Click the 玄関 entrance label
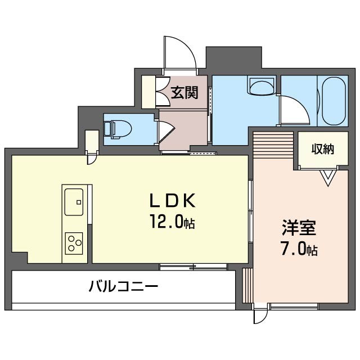tap(184, 93)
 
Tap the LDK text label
tap(172, 200)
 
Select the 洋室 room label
tap(299, 228)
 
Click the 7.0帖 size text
tap(299, 249)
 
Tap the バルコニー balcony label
tap(123, 286)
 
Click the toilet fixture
tap(118, 128)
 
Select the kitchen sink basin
tap(74, 202)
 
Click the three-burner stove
tap(74, 242)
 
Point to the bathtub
tap(332, 102)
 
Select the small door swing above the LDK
tap(92, 159)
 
